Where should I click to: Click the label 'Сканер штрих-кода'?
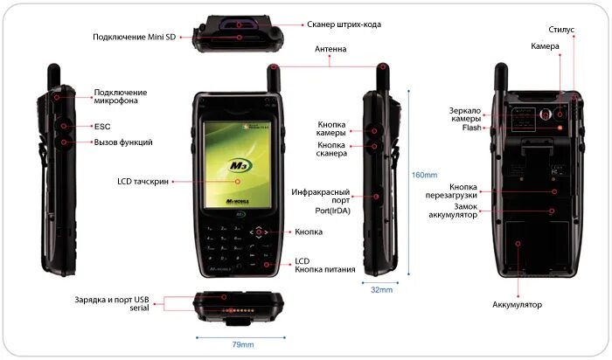[x=320, y=24]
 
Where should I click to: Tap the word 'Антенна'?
[x=330, y=50]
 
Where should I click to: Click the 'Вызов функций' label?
[x=123, y=142]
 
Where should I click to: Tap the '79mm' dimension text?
[x=242, y=344]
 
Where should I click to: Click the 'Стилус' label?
[x=561, y=30]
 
